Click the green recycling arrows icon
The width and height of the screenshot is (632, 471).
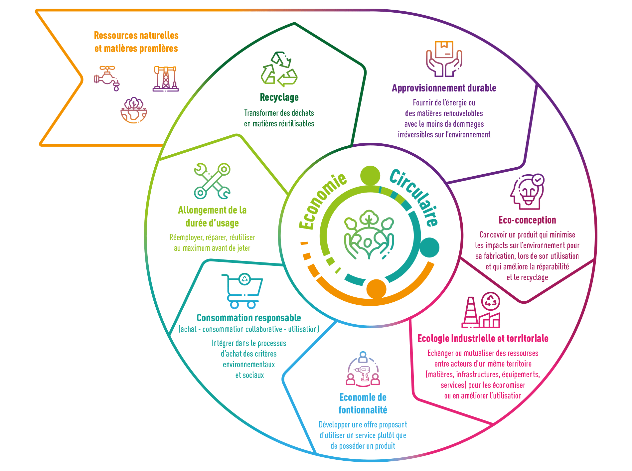click(279, 69)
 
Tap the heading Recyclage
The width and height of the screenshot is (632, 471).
click(279, 97)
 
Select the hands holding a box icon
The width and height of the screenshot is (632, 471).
click(444, 59)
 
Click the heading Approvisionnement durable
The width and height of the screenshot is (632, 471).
click(444, 88)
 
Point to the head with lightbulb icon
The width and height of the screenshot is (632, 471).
click(528, 191)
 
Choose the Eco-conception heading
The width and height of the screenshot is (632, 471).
click(527, 220)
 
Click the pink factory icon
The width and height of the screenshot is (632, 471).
click(481, 310)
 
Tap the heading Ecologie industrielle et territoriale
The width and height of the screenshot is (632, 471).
click(483, 338)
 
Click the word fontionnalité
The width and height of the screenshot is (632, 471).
click(363, 410)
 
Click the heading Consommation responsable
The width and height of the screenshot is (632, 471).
click(249, 318)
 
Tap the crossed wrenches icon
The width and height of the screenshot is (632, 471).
click(212, 181)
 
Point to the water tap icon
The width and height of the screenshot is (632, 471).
click(107, 78)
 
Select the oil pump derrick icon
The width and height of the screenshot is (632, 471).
click(166, 78)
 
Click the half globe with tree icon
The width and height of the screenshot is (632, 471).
click(134, 110)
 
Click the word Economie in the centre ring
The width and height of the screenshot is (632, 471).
click(322, 201)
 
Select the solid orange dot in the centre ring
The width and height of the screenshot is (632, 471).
click(376, 289)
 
